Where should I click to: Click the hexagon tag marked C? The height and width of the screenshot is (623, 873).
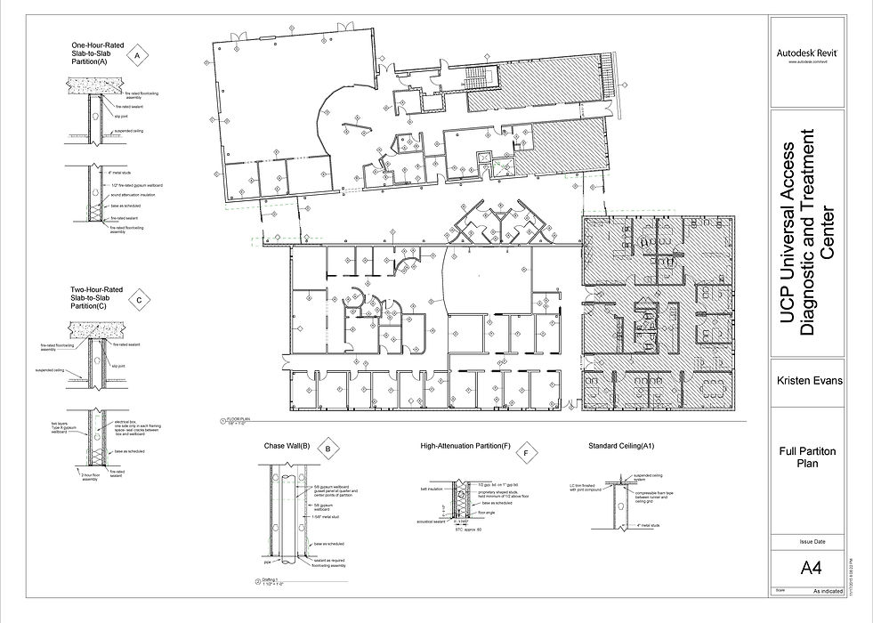(x=140, y=301)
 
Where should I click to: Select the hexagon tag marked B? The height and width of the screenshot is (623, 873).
(x=327, y=449)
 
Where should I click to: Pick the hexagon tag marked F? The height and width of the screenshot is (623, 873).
(x=527, y=454)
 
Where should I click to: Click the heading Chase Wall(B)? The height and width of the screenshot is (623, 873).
(x=287, y=445)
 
